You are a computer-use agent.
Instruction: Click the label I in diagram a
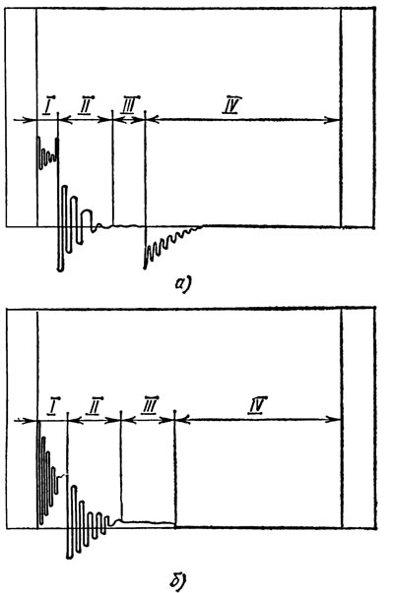49,106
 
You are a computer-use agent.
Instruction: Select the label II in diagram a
87,105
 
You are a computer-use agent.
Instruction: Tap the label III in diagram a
130,105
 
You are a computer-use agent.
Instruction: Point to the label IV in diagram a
232,105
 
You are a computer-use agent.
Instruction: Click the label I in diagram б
53,406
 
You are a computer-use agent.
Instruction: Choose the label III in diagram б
149,405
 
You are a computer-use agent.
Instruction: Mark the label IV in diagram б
258,406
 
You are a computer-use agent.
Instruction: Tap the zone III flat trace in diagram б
148,522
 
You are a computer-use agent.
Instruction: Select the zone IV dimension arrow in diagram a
243,120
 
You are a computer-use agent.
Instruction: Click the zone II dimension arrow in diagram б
95,420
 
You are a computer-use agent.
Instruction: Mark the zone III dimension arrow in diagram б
148,420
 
